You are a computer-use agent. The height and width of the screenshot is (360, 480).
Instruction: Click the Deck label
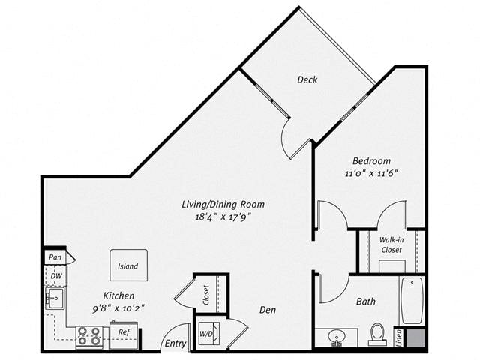pos(307,79)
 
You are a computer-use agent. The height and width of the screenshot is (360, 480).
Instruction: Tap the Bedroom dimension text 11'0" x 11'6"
pos(372,173)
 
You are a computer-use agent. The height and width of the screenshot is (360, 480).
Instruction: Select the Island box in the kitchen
pos(128,265)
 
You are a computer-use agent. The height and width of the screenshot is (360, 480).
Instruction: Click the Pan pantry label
pos(55,257)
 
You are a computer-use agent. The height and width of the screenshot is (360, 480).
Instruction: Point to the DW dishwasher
pos(56,276)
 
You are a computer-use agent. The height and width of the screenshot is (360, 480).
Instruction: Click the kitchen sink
pos(55,298)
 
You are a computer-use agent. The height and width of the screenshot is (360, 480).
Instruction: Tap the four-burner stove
pos(89,336)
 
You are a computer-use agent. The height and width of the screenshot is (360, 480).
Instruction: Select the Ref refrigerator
pos(124,335)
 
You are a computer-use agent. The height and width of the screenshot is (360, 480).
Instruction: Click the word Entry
pos(175,343)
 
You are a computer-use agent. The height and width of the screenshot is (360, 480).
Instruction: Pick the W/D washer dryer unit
pos(208,333)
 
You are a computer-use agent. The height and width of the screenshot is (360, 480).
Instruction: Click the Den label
pos(268,310)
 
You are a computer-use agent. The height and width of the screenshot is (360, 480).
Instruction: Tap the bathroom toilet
pos(377,334)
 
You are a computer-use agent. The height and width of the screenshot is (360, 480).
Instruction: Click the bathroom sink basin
pos(336,337)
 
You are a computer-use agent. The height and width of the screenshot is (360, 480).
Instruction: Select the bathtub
pos(412,300)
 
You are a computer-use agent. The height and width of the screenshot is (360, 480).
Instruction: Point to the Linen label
pos(399,338)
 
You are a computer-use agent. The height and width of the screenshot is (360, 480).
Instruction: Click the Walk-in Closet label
pos(391,244)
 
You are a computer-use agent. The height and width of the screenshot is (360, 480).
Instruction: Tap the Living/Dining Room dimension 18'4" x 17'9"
pos(223,217)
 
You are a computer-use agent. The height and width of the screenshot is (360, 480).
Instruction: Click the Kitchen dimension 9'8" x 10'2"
pos(118,308)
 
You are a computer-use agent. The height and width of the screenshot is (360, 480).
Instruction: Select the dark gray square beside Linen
pos(415,338)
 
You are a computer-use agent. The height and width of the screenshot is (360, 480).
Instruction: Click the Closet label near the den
pos(206,295)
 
